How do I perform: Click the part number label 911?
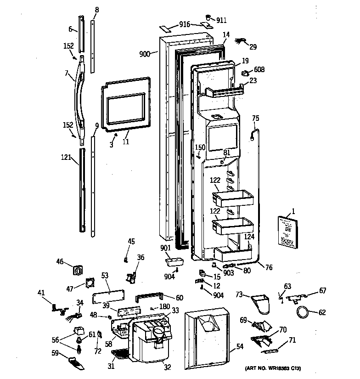(222, 21)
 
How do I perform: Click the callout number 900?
(145, 54)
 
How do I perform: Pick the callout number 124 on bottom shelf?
(249, 237)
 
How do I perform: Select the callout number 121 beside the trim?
(66, 158)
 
